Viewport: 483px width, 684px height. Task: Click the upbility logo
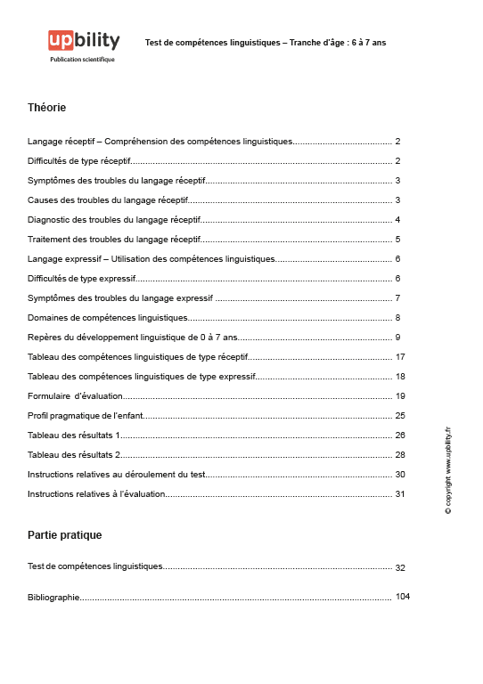click(x=84, y=41)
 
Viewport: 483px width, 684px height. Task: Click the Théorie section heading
click(x=46, y=108)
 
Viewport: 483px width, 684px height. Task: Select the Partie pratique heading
click(x=64, y=535)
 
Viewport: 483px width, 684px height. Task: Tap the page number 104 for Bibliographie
click(x=402, y=597)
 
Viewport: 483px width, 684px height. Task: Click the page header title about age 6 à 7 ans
click(x=265, y=42)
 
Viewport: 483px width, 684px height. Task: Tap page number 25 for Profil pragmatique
click(x=400, y=415)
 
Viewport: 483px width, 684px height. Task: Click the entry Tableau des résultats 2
click(x=74, y=454)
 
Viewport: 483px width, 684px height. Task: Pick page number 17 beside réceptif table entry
click(x=400, y=356)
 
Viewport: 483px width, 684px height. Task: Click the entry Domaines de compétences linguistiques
click(x=108, y=317)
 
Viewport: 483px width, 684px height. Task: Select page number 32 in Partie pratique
click(x=400, y=567)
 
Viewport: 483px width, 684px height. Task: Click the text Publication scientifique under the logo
click(x=83, y=60)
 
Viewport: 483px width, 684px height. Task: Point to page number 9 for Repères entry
click(x=397, y=337)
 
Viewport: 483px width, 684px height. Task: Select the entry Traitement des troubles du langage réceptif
click(x=113, y=239)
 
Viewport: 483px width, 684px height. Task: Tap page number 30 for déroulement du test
click(x=400, y=474)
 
